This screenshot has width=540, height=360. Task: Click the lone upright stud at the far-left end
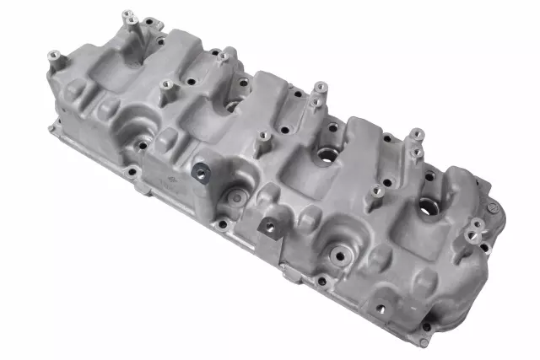click(54, 58)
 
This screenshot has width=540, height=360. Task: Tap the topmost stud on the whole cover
click(128, 16)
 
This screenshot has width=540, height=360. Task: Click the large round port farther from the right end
click(325, 157)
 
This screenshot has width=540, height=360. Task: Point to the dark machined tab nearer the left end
click(201, 172)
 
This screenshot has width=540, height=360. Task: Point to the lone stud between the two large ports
click(376, 193)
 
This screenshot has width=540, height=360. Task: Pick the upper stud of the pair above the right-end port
click(415, 134)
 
